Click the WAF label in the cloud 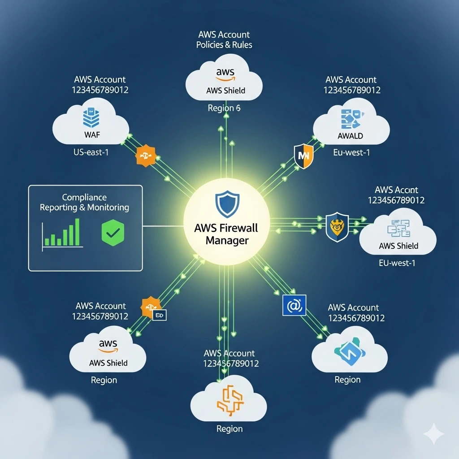pos(92,135)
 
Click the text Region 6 pos(224,108)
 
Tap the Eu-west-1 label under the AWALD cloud pos(351,152)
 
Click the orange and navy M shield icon pos(303,156)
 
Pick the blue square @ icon pos(294,306)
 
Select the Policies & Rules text pos(224,45)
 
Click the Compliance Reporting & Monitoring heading pos(84,203)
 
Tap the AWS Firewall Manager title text pos(226,234)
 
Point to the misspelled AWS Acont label pos(396,190)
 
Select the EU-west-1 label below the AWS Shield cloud pos(397,263)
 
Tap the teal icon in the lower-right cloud pos(347,351)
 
